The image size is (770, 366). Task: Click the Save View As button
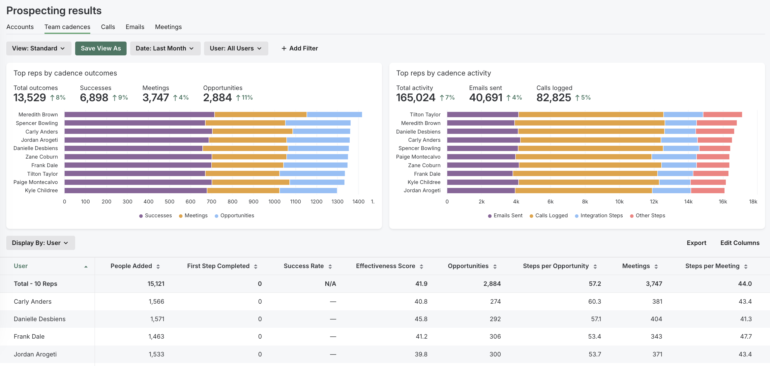click(x=101, y=48)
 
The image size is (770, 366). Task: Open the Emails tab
click(x=135, y=27)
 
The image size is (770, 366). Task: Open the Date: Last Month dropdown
click(x=165, y=48)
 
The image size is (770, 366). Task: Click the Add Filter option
click(x=300, y=48)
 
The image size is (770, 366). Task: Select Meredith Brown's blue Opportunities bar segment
click(x=334, y=114)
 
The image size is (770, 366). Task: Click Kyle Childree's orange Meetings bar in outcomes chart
click(x=243, y=191)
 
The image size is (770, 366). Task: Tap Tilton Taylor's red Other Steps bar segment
click(x=722, y=114)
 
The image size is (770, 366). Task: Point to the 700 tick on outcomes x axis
click(x=211, y=201)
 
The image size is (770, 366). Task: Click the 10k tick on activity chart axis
click(x=619, y=201)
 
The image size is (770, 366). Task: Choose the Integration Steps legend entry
click(x=601, y=216)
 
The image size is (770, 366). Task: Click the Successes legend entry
click(x=158, y=216)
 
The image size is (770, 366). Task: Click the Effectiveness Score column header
click(x=385, y=266)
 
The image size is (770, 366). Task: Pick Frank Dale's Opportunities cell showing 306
click(x=495, y=337)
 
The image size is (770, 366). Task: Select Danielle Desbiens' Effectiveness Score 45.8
click(x=421, y=319)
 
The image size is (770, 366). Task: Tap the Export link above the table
click(x=696, y=243)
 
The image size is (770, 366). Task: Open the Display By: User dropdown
click(x=40, y=243)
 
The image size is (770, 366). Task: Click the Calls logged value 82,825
click(x=553, y=98)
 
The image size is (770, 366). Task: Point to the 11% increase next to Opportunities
click(x=247, y=98)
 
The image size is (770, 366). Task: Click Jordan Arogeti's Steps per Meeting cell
click(x=745, y=354)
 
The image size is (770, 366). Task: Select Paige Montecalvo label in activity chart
click(x=418, y=157)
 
